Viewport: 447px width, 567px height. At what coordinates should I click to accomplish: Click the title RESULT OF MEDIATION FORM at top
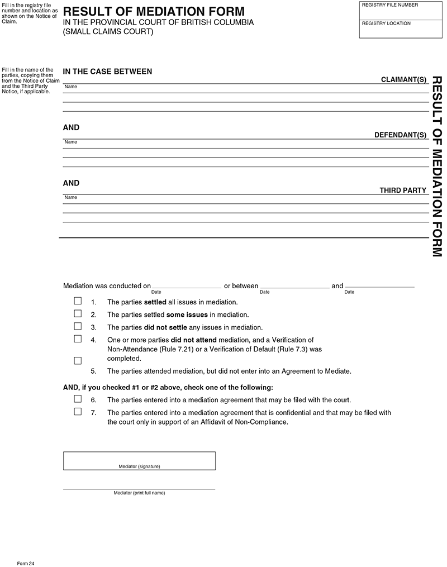pyautogui.click(x=154, y=11)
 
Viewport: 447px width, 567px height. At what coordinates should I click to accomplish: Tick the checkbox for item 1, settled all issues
pyautogui.click(x=78, y=301)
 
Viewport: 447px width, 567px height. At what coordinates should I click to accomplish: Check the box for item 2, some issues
pyautogui.click(x=78, y=314)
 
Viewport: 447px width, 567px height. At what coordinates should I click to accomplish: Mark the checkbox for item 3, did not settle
pyautogui.click(x=78, y=326)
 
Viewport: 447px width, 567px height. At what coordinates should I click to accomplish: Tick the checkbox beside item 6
pyautogui.click(x=78, y=399)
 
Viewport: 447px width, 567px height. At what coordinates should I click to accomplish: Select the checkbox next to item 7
pyautogui.click(x=78, y=412)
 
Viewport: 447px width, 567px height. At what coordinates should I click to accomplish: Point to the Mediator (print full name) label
pyautogui.click(x=139, y=493)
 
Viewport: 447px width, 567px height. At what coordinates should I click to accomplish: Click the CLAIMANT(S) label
pyautogui.click(x=403, y=80)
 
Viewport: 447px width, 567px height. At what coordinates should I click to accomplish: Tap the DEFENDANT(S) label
pyautogui.click(x=400, y=135)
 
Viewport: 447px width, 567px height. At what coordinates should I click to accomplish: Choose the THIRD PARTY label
pyautogui.click(x=403, y=190)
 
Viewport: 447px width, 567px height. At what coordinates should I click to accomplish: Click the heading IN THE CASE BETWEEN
pyautogui.click(x=107, y=72)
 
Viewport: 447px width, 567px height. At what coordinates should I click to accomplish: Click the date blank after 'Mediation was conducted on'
pyautogui.click(x=187, y=285)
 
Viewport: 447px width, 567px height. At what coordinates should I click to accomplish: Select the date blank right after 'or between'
pyautogui.click(x=294, y=285)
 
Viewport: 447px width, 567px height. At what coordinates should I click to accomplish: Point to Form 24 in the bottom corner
pyautogui.click(x=26, y=561)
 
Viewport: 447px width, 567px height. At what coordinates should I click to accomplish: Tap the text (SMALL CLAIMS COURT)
pyautogui.click(x=108, y=31)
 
